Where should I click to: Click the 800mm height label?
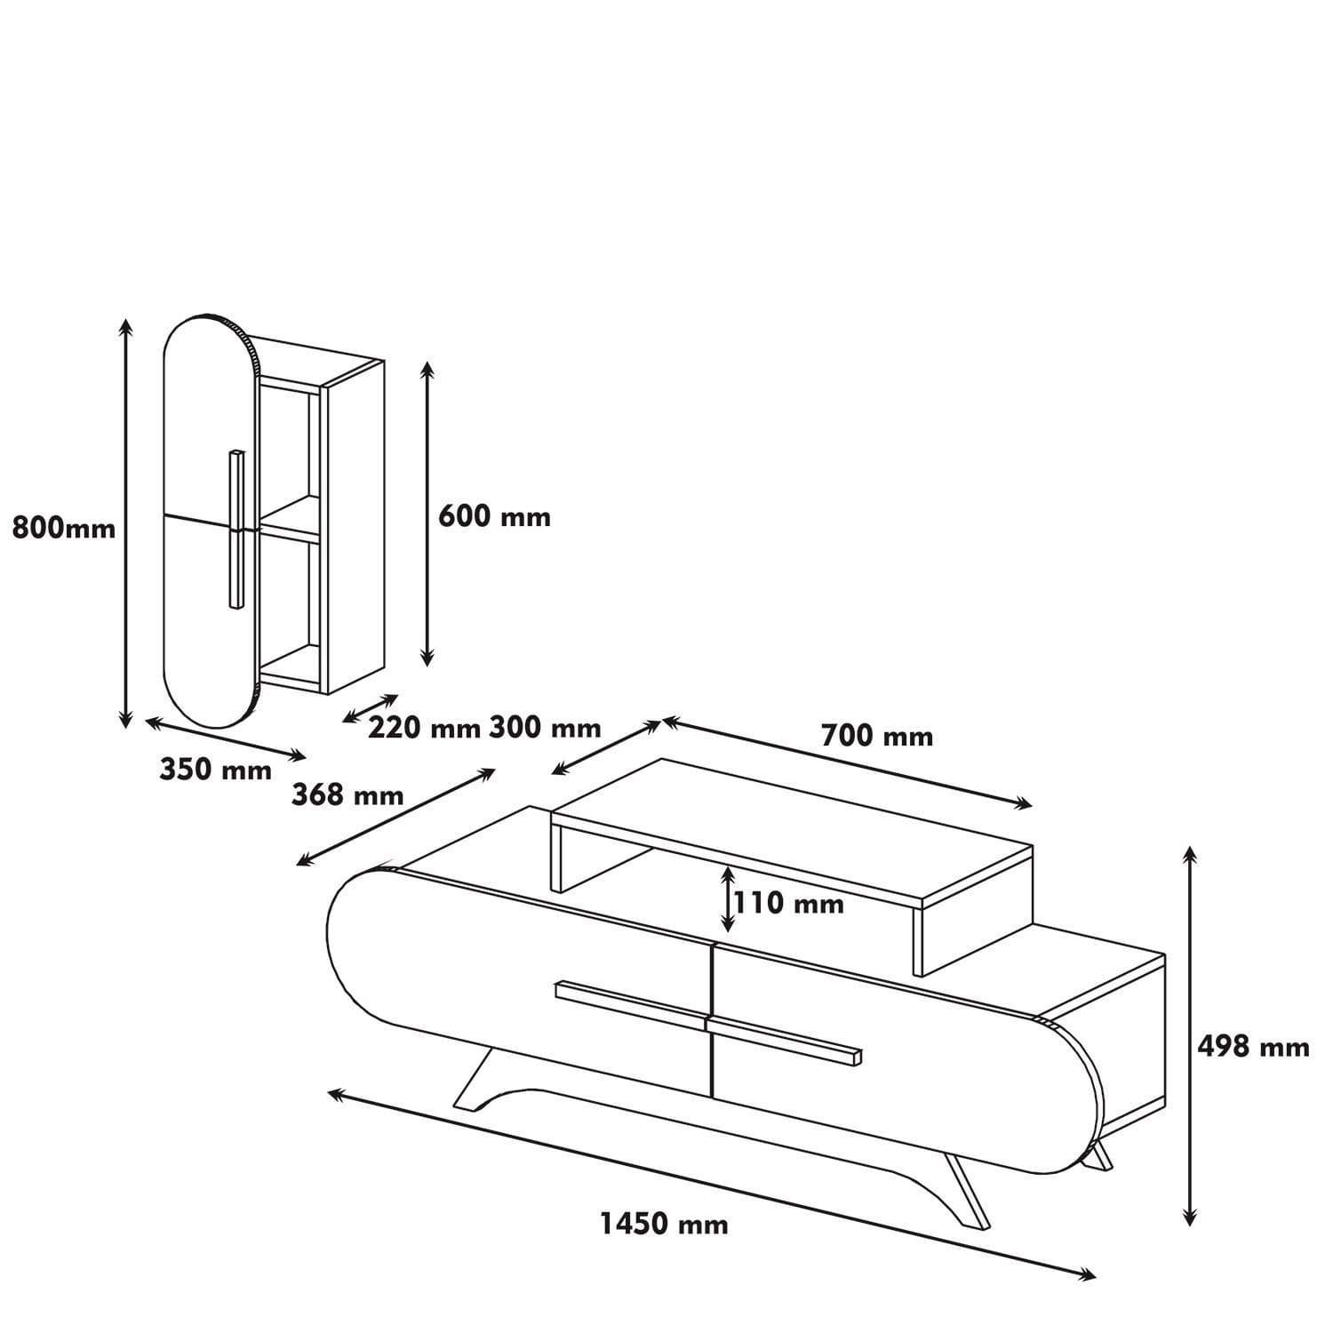coord(64,529)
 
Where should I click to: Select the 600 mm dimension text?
coord(494,516)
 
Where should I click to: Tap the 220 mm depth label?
coord(424,729)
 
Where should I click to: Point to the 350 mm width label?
coord(215,770)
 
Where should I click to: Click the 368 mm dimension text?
coord(347,794)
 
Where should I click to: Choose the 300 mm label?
coord(545,729)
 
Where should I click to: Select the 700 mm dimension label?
coord(876,737)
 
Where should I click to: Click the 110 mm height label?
coord(789,904)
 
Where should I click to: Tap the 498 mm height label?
coord(1253,1047)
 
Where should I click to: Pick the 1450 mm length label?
coord(664,1225)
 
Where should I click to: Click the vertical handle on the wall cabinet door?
coord(235,530)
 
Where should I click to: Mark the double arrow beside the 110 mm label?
coord(728,898)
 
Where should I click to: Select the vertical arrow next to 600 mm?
coord(427,514)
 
